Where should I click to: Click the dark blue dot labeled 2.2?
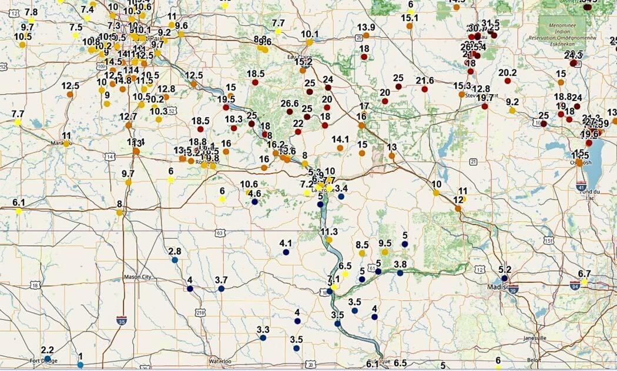pos(48,359)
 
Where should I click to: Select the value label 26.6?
pos(289,103)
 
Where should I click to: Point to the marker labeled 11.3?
pos(329,240)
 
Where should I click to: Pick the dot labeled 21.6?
pos(424,89)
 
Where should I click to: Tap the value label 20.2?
pos(507,73)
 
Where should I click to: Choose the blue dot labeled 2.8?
pos(175,260)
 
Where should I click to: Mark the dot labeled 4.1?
pos(286,252)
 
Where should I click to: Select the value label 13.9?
pos(366,27)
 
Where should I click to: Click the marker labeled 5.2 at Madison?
pos(504,278)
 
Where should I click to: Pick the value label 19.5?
pos(226,99)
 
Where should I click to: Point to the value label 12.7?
pos(128,116)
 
